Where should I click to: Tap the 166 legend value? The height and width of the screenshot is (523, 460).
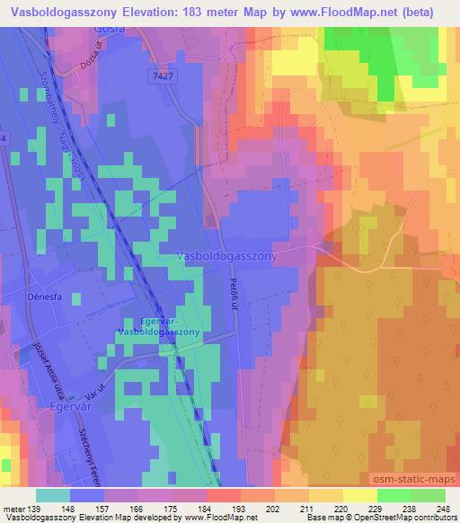[135, 510]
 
